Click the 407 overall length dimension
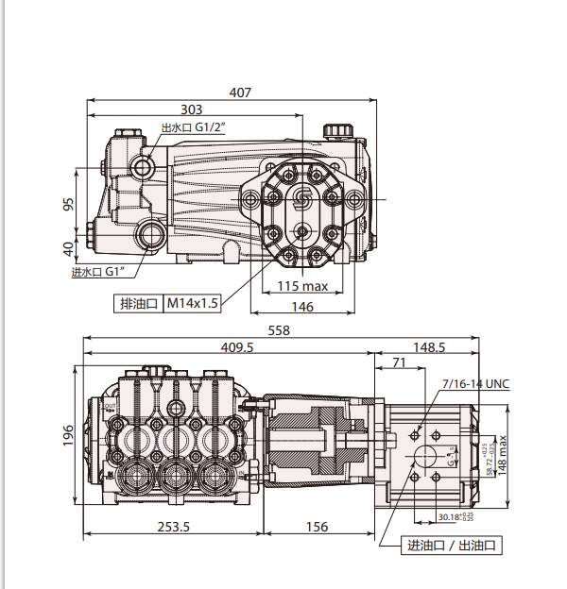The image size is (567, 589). click(x=240, y=93)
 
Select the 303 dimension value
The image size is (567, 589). click(x=192, y=109)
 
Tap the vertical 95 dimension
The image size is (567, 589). click(x=68, y=205)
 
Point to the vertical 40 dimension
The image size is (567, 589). click(x=68, y=249)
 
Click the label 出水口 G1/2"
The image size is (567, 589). click(x=194, y=127)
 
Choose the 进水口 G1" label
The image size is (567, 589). click(x=98, y=272)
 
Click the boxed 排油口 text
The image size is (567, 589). click(x=137, y=303)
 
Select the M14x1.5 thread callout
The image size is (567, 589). click(x=193, y=303)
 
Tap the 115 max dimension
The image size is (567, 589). click(x=303, y=287)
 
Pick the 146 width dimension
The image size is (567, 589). click(x=302, y=307)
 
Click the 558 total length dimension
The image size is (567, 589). click(x=279, y=330)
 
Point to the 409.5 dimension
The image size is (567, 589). click(x=237, y=347)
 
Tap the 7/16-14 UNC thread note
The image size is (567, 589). click(x=475, y=383)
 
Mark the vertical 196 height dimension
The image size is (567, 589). click(x=68, y=435)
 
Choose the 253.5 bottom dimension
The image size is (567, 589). click(x=172, y=527)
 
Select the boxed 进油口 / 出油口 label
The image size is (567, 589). click(x=452, y=547)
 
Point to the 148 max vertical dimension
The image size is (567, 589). click(x=502, y=454)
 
